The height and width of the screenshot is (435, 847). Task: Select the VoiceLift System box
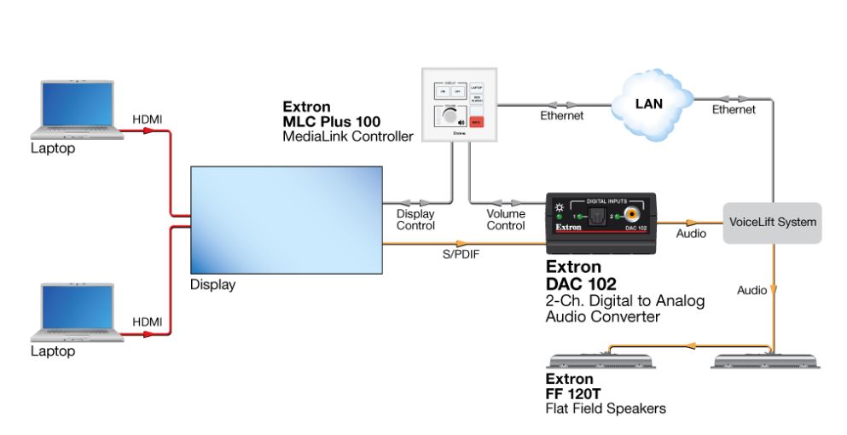click(x=772, y=223)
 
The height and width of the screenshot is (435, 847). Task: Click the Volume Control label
click(x=505, y=220)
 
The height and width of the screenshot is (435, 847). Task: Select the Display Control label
click(x=415, y=220)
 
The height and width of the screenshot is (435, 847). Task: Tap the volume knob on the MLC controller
click(x=446, y=118)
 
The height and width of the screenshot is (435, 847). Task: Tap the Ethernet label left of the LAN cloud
click(x=562, y=116)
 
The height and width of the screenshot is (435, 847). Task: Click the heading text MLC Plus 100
click(x=331, y=122)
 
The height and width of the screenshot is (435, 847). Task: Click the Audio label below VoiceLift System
click(x=751, y=291)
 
